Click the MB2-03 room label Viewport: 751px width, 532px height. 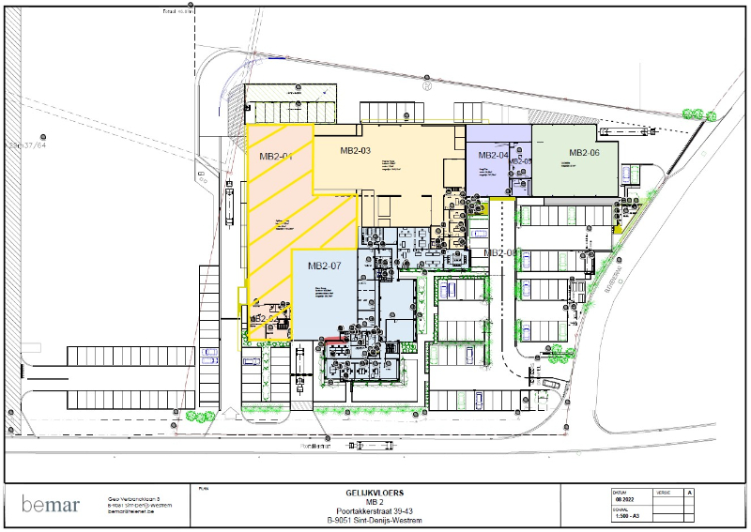(x=355, y=150)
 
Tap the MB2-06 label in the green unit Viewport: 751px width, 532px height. (x=583, y=153)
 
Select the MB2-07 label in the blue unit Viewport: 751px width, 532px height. (x=323, y=266)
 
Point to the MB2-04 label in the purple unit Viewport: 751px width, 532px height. (x=493, y=155)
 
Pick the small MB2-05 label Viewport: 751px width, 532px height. (x=520, y=161)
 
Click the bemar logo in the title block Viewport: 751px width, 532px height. (x=52, y=504)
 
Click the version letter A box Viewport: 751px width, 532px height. (x=690, y=492)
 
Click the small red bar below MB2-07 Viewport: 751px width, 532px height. (x=331, y=339)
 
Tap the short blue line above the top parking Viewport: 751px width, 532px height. (x=278, y=58)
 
